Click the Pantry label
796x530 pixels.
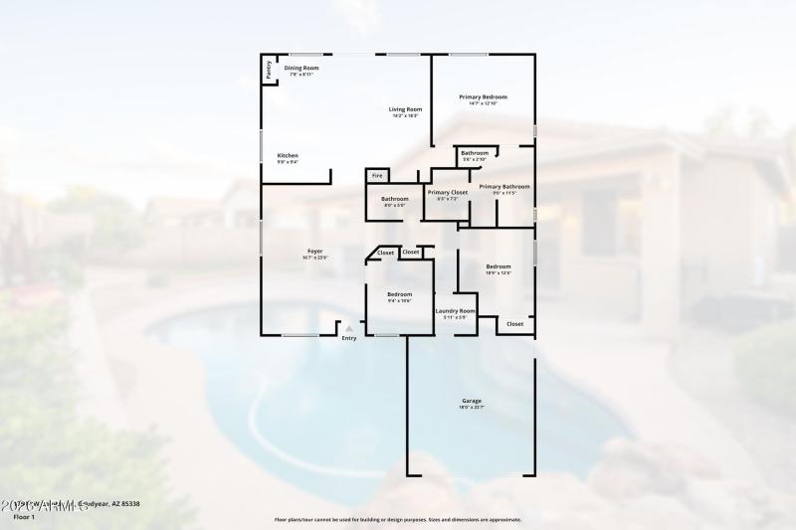tap(268, 70)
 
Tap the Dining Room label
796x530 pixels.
tap(300, 68)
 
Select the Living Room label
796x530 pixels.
tap(405, 109)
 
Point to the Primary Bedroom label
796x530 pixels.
tap(483, 97)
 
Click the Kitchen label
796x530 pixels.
tap(288, 156)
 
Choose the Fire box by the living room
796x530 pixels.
tap(377, 176)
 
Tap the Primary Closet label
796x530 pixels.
tap(447, 192)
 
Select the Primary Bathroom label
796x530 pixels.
tap(503, 186)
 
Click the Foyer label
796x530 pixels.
tap(314, 252)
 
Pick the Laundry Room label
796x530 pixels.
tap(455, 311)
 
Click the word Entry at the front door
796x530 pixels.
tap(348, 339)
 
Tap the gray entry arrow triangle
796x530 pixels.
tap(348, 329)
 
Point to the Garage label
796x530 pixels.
tap(471, 401)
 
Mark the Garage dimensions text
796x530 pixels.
tap(471, 407)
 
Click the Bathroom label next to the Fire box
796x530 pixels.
tap(394, 199)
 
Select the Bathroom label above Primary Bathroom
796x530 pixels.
tap(475, 152)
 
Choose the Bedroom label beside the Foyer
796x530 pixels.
tap(399, 294)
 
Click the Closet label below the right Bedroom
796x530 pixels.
tap(514, 324)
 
